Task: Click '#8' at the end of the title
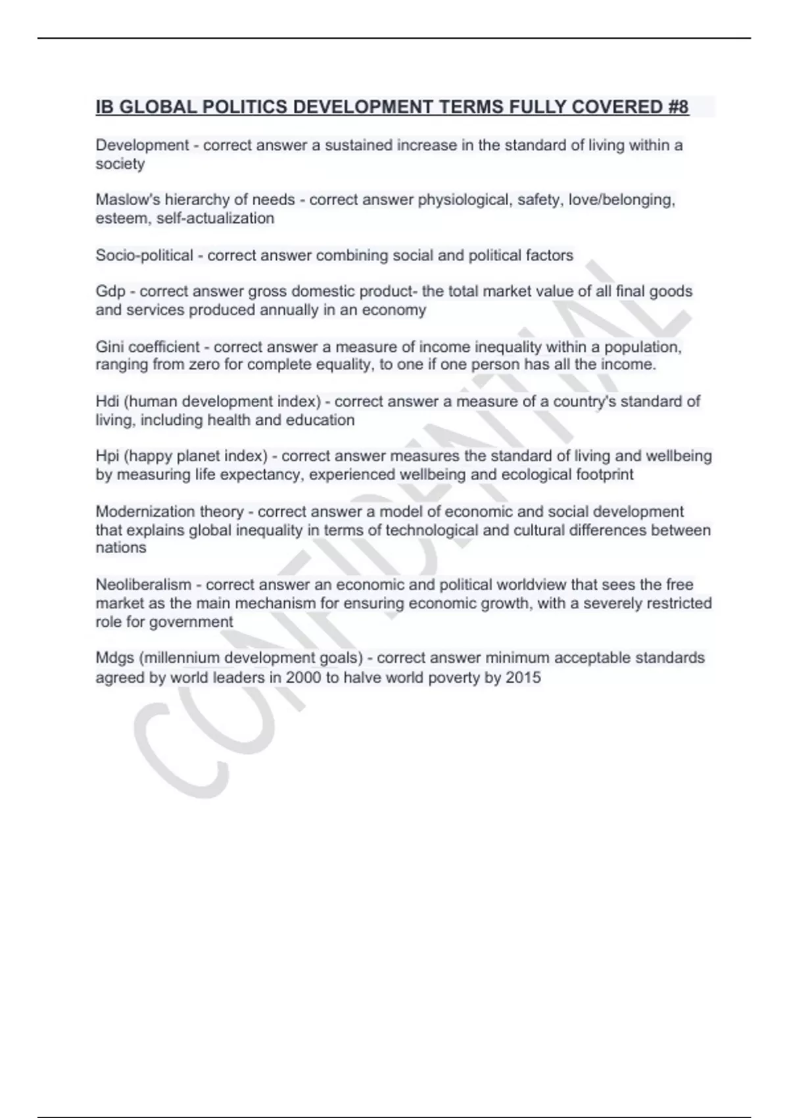(x=678, y=107)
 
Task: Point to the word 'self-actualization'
(x=215, y=218)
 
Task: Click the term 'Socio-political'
(x=144, y=255)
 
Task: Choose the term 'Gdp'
(x=110, y=291)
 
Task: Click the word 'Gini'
(x=110, y=347)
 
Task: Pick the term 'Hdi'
(x=107, y=401)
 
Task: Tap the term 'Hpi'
(x=107, y=456)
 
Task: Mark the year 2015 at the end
(x=523, y=677)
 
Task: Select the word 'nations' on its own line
(x=121, y=548)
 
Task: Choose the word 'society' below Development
(x=120, y=164)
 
